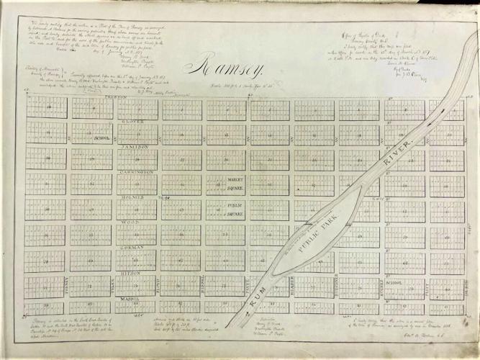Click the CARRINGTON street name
coord(137,172)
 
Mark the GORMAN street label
coord(137,247)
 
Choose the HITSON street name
coord(137,272)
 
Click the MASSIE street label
coord(136,297)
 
